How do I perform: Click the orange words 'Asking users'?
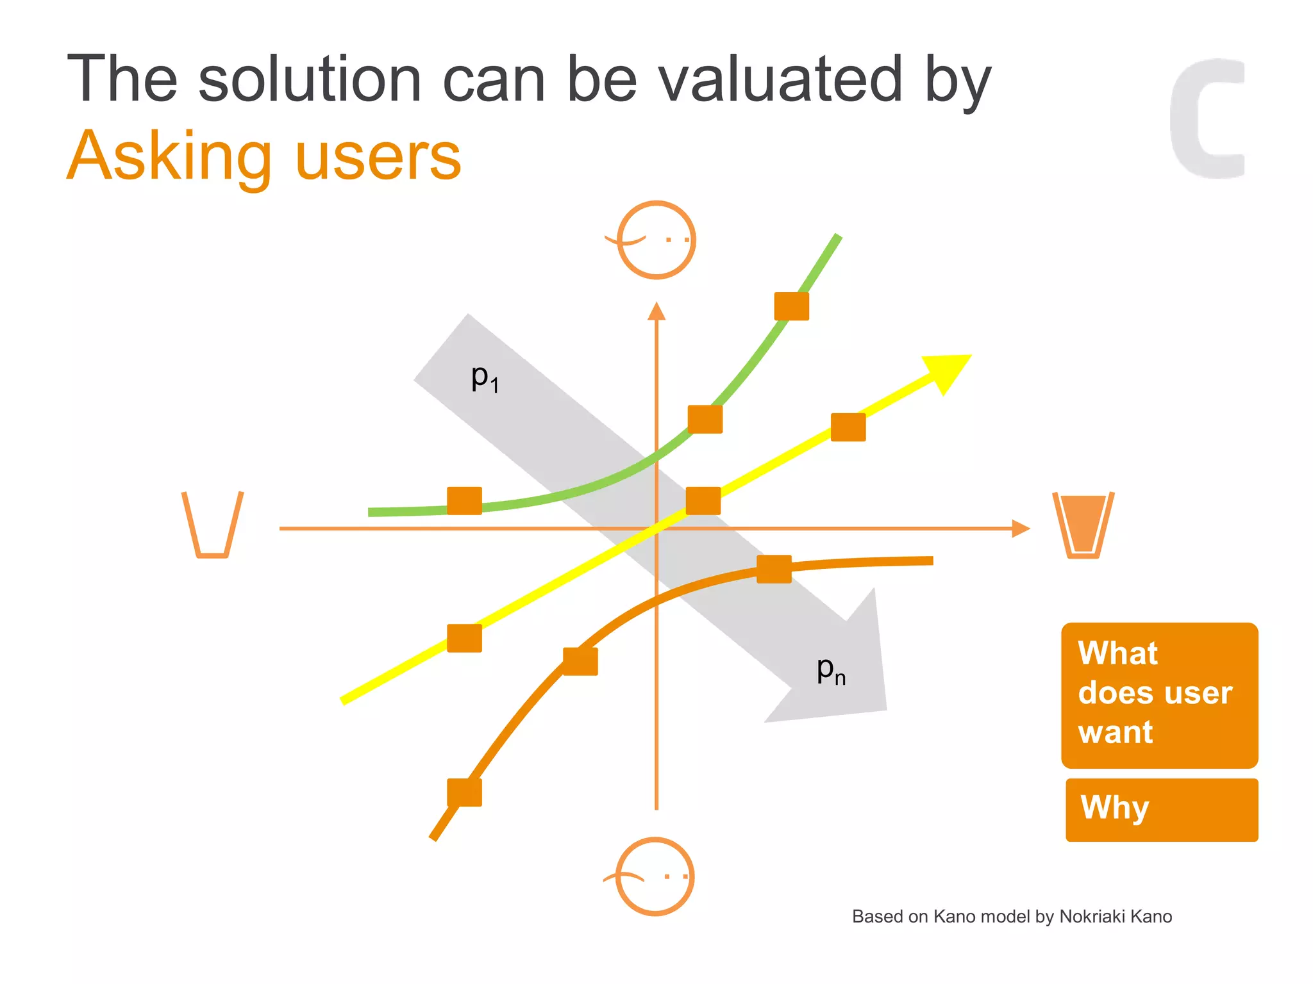click(263, 156)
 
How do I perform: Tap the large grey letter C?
click(1205, 119)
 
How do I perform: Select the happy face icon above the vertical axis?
click(656, 240)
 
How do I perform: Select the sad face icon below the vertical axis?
click(655, 876)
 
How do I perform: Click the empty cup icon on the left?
click(212, 525)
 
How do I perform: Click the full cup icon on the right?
click(1083, 525)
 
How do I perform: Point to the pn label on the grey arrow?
click(831, 670)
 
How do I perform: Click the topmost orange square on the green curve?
click(791, 306)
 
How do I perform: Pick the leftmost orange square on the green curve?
click(464, 500)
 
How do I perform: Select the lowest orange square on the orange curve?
click(464, 792)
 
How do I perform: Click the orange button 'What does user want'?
click(1159, 695)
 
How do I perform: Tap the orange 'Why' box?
click(1161, 810)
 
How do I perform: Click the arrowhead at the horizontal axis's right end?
click(1021, 529)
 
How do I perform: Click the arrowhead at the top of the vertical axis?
click(656, 311)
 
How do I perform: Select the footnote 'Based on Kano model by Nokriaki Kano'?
click(1012, 917)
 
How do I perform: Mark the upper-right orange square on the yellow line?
click(848, 427)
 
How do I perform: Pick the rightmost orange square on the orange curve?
click(774, 569)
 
